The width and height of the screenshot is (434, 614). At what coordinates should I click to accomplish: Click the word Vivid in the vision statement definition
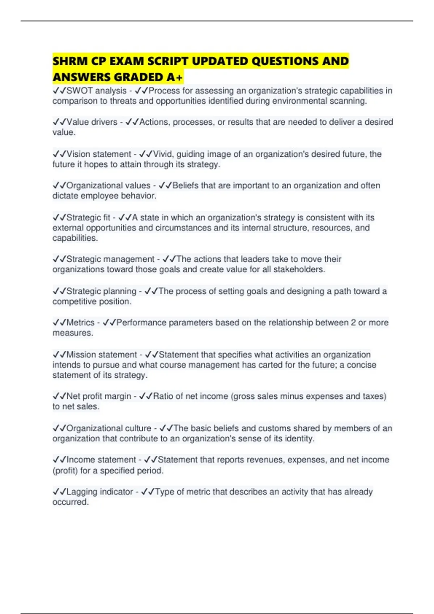163,154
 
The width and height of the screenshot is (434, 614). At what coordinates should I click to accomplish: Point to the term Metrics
80,323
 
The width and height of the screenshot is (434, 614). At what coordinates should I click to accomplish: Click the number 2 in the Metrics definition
353,323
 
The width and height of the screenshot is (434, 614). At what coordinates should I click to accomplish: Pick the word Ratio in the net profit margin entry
163,396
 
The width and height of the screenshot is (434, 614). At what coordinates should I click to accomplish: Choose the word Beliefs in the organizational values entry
186,186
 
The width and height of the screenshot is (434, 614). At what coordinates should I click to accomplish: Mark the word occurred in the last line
70,502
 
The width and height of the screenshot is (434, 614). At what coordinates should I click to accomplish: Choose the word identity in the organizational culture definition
299,439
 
